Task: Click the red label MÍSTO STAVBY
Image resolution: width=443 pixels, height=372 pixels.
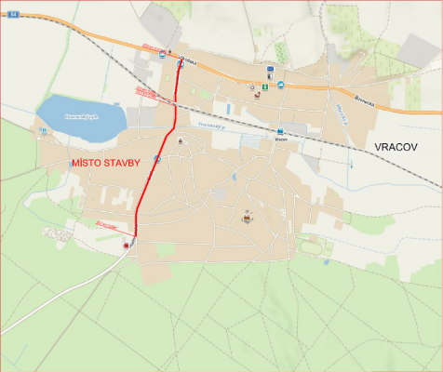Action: coord(106,163)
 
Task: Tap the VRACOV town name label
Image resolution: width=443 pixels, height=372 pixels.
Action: coord(397,148)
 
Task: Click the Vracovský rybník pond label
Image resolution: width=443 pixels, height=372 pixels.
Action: coord(81,117)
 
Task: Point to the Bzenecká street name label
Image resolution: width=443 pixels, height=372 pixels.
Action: coord(369,94)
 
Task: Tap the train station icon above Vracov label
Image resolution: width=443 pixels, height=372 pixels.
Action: coord(279,131)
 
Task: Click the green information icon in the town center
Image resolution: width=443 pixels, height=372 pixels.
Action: coord(265,86)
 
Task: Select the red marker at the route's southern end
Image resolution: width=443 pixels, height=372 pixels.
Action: coord(127,246)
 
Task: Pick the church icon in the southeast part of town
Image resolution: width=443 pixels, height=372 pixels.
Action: coord(247,219)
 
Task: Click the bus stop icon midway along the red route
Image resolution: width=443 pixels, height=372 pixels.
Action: coord(157,159)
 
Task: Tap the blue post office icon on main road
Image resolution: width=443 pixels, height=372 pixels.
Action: coord(269,69)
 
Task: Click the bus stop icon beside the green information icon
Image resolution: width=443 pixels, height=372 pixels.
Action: coord(278,86)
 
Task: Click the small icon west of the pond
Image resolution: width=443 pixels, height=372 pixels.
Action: coord(43,131)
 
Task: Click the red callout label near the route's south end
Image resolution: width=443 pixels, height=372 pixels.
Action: coord(107,223)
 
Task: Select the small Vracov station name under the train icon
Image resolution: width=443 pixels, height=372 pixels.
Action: coord(279,141)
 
